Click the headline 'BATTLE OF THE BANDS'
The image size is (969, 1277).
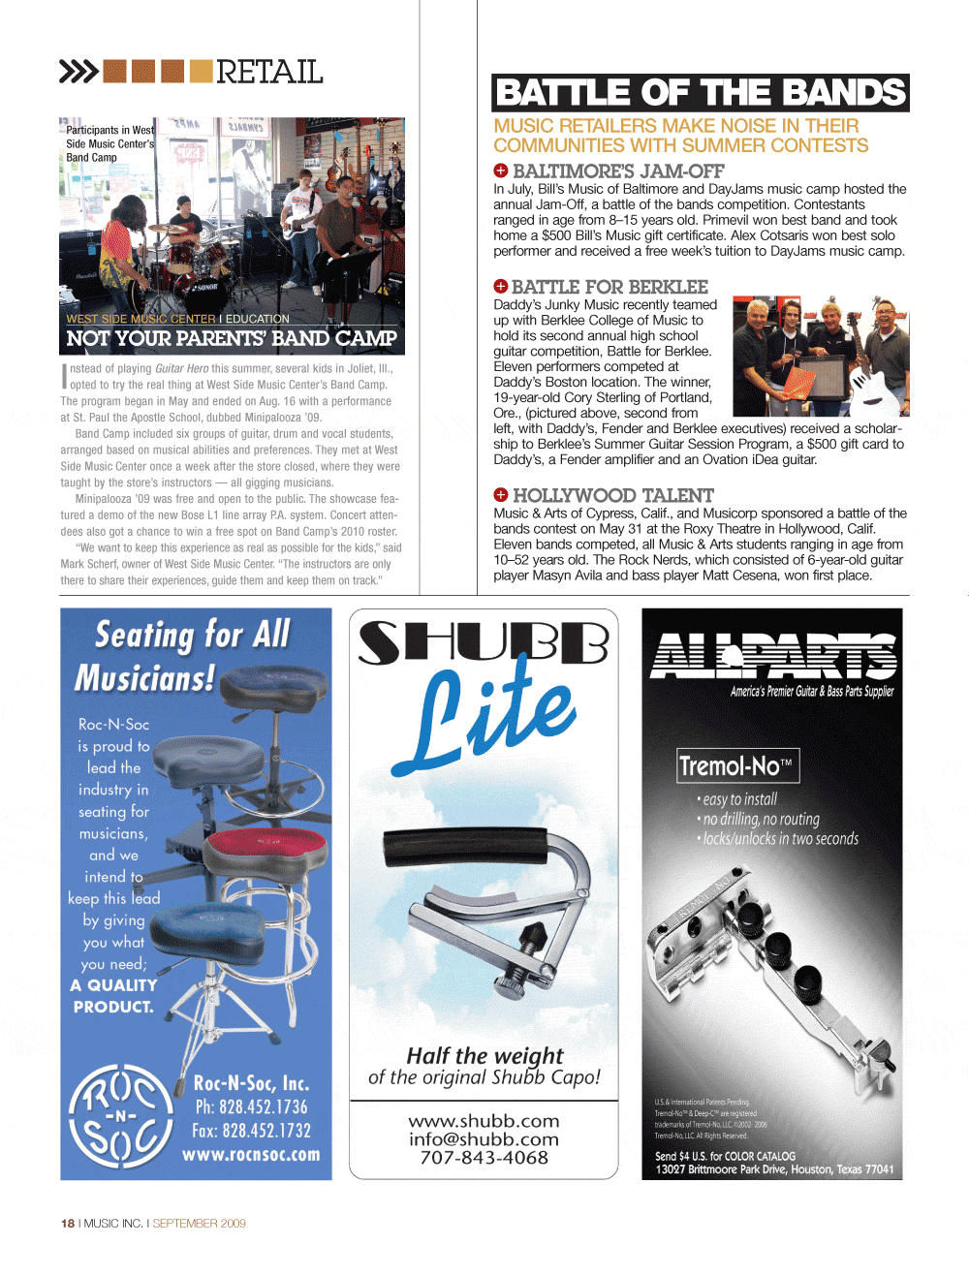tap(700, 93)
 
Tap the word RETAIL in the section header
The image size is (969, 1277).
tap(269, 72)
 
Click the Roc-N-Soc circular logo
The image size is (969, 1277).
tap(120, 1115)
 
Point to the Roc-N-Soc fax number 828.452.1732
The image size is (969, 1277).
tap(252, 1131)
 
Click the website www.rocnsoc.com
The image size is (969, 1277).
tap(251, 1155)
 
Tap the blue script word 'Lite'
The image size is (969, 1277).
tap(494, 711)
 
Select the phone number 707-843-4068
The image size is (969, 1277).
tap(484, 1158)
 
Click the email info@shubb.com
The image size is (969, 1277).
tap(484, 1139)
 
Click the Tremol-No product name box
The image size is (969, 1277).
tap(737, 766)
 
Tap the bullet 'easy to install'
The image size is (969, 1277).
tap(739, 799)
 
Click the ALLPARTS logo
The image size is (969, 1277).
tap(772, 656)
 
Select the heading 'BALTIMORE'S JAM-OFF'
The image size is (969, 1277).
tap(618, 171)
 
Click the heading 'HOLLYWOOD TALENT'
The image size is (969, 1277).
tap(612, 495)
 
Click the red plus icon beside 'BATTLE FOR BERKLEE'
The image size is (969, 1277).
tap(501, 286)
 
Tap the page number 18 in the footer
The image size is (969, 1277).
tap(68, 1224)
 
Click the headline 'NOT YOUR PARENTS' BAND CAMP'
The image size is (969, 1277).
tap(232, 339)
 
